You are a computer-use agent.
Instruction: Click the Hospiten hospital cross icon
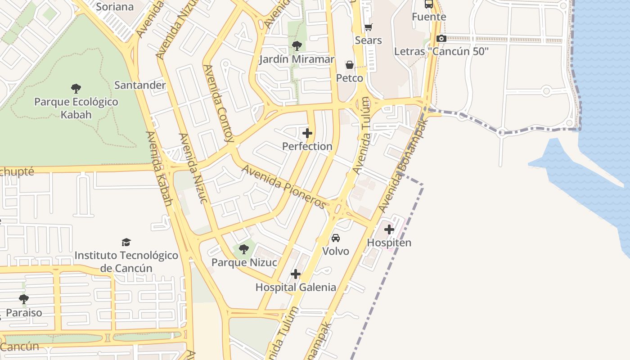(389, 230)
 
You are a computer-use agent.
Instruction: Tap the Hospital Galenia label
(296, 287)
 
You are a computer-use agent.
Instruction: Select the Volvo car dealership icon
(336, 238)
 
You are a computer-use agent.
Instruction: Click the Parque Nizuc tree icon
(243, 249)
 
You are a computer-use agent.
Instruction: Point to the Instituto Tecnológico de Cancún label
(126, 261)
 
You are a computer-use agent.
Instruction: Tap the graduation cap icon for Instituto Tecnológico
(126, 243)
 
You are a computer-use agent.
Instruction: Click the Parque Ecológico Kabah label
(76, 108)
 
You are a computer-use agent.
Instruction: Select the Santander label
(140, 85)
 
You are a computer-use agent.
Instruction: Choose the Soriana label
(115, 7)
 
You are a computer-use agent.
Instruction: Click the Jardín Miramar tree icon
(297, 46)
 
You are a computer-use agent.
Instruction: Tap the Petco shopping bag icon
(350, 65)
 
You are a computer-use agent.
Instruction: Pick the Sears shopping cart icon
(368, 27)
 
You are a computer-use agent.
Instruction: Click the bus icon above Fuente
(429, 4)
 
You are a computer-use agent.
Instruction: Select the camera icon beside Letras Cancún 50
(441, 39)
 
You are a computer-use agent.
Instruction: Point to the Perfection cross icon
(307, 133)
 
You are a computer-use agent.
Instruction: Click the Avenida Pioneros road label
(283, 187)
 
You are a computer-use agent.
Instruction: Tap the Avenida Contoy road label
(219, 103)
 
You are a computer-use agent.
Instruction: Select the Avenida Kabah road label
(159, 169)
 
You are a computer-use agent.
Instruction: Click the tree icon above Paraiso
(24, 299)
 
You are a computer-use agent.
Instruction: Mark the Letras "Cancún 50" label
(441, 51)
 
